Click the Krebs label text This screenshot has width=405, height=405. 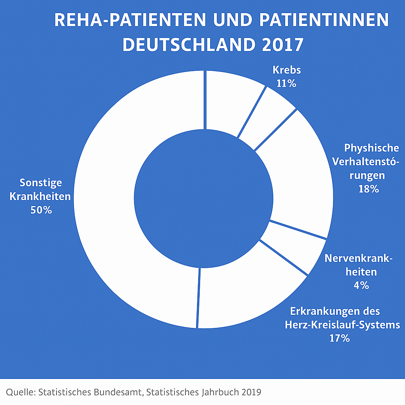[x=287, y=70]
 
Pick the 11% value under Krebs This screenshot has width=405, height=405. [x=287, y=83]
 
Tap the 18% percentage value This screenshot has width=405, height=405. [x=369, y=189]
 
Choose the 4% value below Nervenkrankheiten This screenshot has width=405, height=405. [x=361, y=285]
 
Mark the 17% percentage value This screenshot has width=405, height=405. [x=339, y=338]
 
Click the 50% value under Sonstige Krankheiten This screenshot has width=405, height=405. [x=41, y=210]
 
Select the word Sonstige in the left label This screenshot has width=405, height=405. [x=41, y=183]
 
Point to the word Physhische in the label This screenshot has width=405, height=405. [x=371, y=148]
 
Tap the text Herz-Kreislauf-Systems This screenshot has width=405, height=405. [x=342, y=325]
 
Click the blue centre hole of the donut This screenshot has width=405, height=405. [x=203, y=198]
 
